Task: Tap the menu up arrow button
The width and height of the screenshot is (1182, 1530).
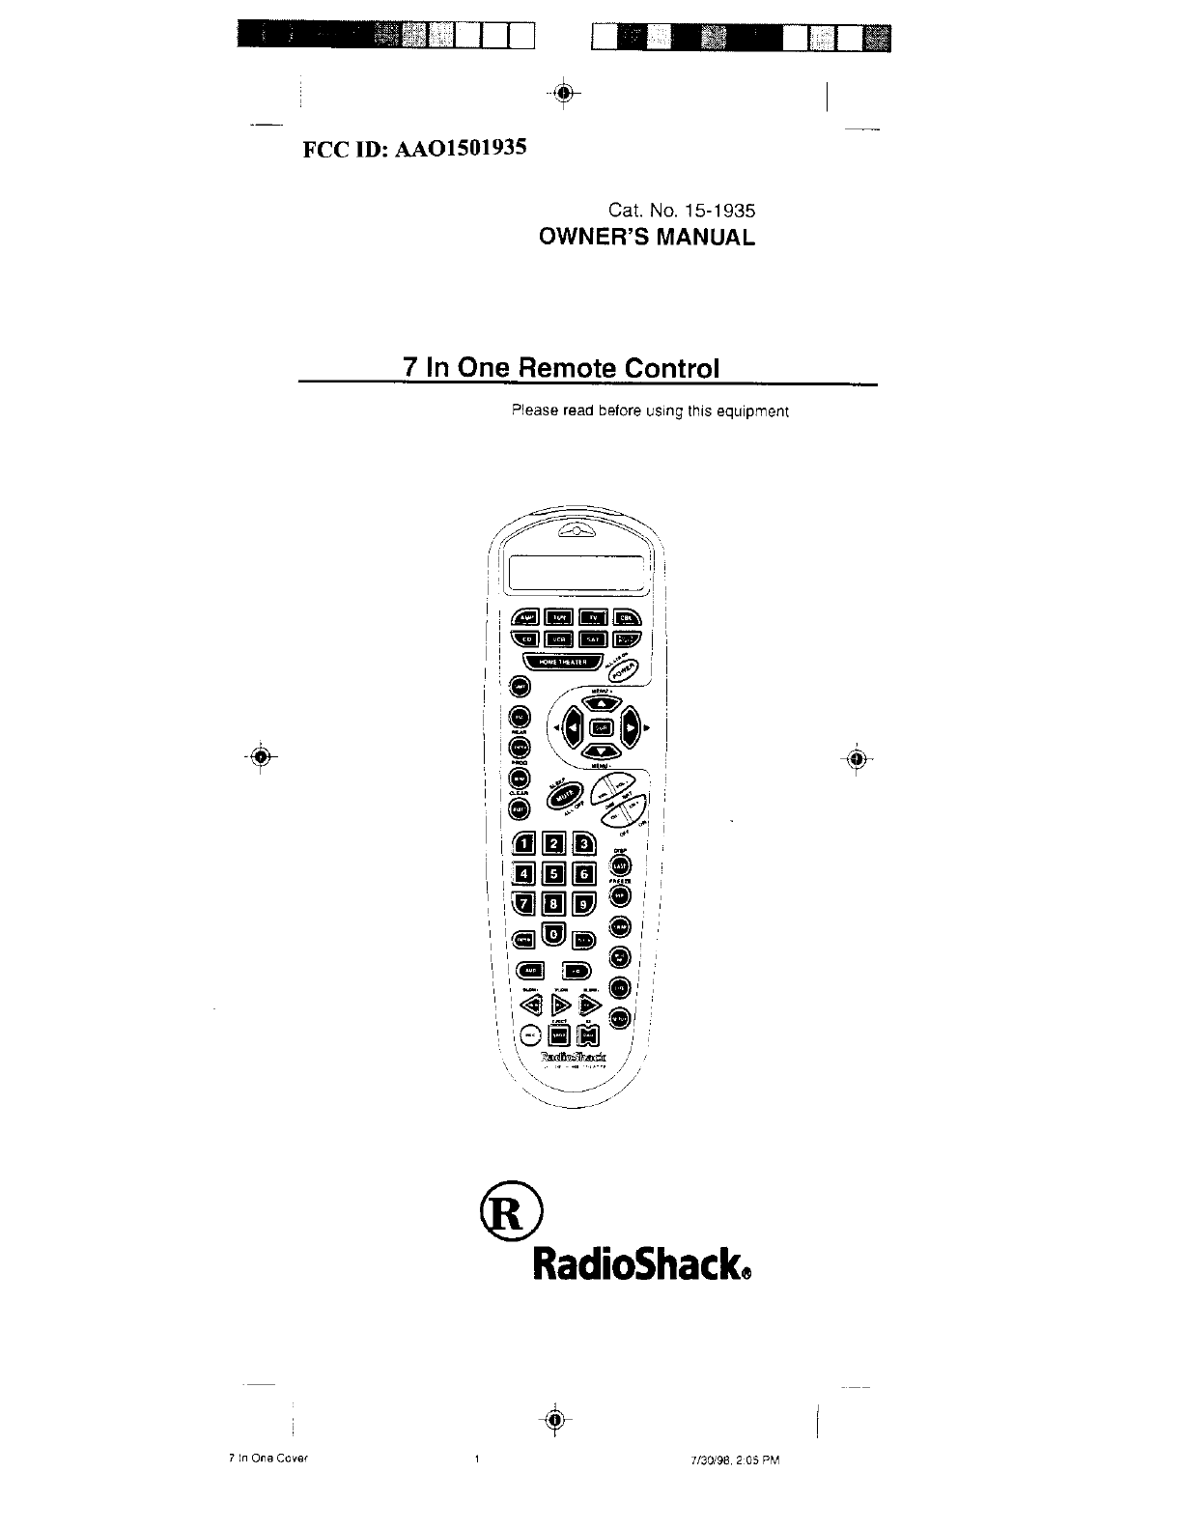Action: [601, 704]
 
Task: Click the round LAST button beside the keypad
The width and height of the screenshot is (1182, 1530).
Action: [621, 866]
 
